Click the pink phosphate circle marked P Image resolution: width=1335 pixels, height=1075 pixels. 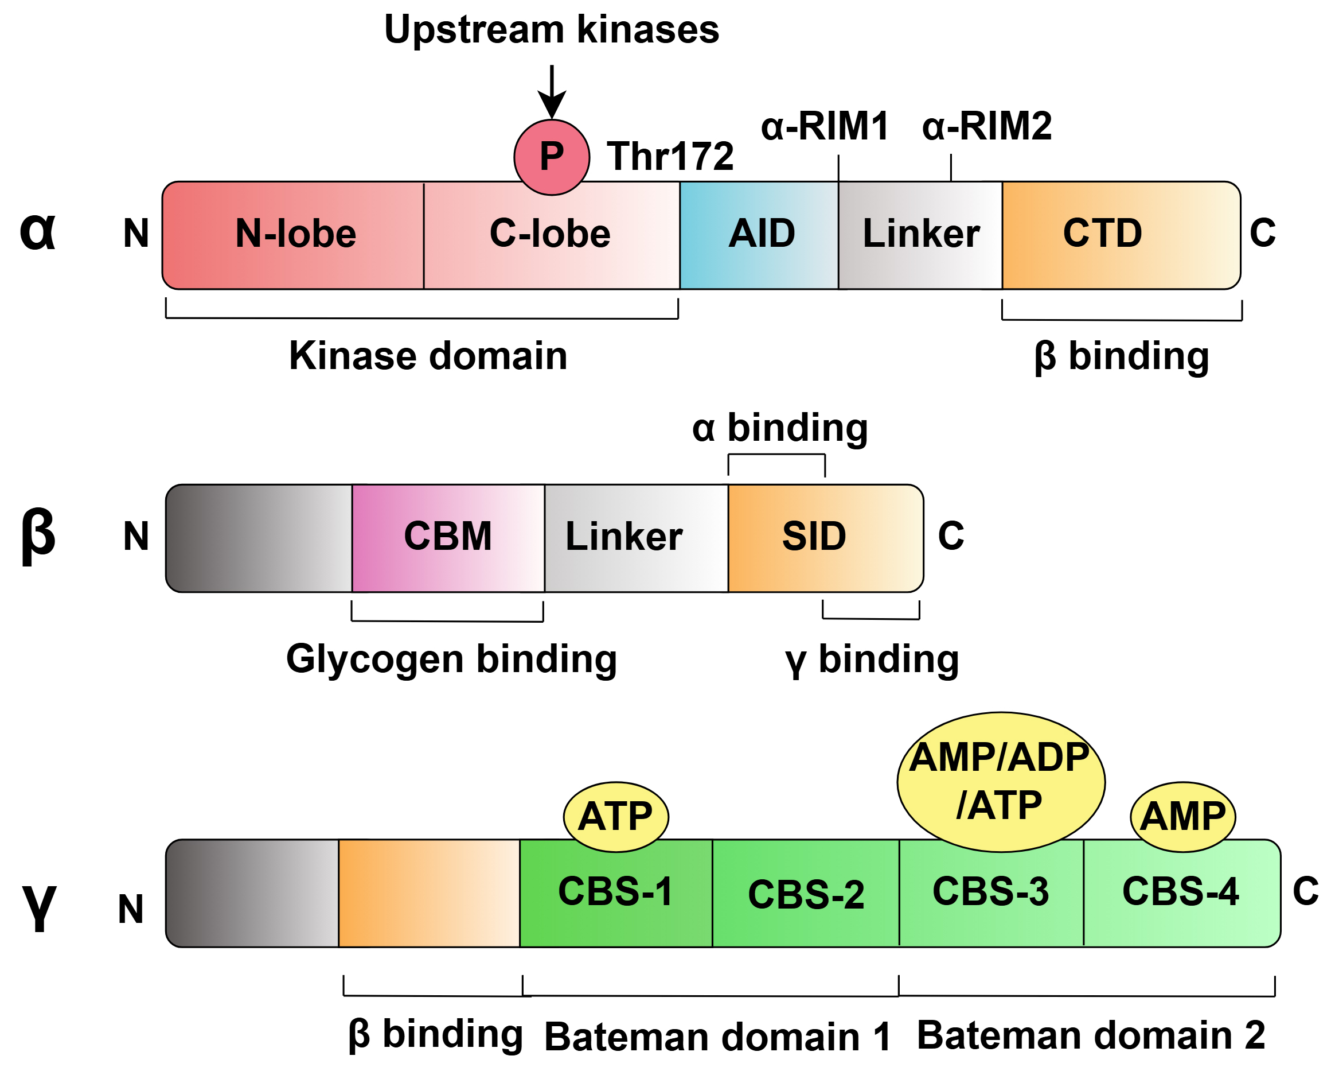point(551,157)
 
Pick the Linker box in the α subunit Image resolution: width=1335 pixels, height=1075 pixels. point(920,235)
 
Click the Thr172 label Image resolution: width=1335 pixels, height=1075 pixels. point(670,156)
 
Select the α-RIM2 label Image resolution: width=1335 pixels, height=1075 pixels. point(986,126)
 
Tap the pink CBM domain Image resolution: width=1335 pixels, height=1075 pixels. point(448,537)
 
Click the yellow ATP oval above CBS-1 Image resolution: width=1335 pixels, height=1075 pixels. point(615,817)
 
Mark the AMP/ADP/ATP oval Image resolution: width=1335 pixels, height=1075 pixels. point(1000,782)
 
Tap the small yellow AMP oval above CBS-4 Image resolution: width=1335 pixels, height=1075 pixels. point(1182,817)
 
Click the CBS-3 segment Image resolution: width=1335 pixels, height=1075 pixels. point(991,893)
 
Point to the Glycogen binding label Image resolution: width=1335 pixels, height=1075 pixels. point(451,659)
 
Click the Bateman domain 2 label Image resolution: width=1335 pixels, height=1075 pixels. point(1090,1035)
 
